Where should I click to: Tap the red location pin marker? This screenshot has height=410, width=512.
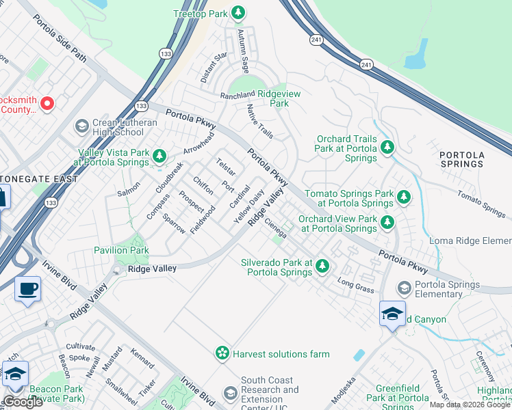tap(47, 104)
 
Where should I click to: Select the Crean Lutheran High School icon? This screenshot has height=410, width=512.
tap(81, 126)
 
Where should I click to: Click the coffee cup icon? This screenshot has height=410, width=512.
tap(27, 289)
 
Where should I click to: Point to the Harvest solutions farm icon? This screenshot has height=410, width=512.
tap(222, 353)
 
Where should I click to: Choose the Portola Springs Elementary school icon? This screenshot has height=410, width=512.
tap(405, 288)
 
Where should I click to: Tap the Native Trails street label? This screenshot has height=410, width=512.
tap(260, 121)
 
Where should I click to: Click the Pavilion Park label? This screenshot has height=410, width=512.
tap(121, 250)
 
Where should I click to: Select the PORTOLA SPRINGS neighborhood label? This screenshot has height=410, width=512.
tap(462, 159)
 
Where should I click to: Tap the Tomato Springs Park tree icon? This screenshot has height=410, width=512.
tap(404, 197)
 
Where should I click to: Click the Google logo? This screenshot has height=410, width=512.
tap(23, 402)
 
